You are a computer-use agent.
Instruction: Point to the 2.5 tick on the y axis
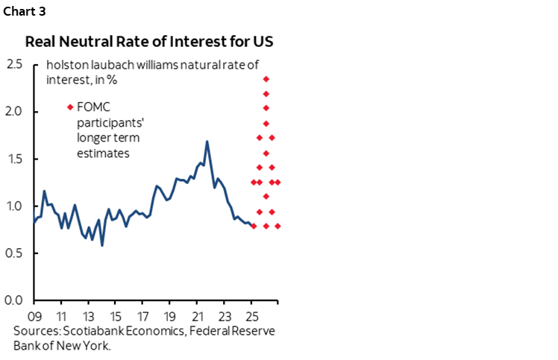[x=14, y=65]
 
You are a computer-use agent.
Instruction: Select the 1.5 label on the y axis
[x=14, y=159]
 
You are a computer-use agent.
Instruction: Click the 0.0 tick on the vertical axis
[x=14, y=300]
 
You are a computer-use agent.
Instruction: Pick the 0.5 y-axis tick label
[x=14, y=253]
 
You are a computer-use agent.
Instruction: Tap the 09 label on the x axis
[x=34, y=314]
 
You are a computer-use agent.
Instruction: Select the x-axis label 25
[x=251, y=314]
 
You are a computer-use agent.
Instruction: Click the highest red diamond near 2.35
[x=266, y=79]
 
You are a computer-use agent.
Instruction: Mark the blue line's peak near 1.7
[x=207, y=142]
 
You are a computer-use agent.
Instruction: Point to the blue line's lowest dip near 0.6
[x=102, y=244]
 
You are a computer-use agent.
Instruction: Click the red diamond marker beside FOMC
[x=69, y=107]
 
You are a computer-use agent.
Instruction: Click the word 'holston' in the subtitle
[x=64, y=64]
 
